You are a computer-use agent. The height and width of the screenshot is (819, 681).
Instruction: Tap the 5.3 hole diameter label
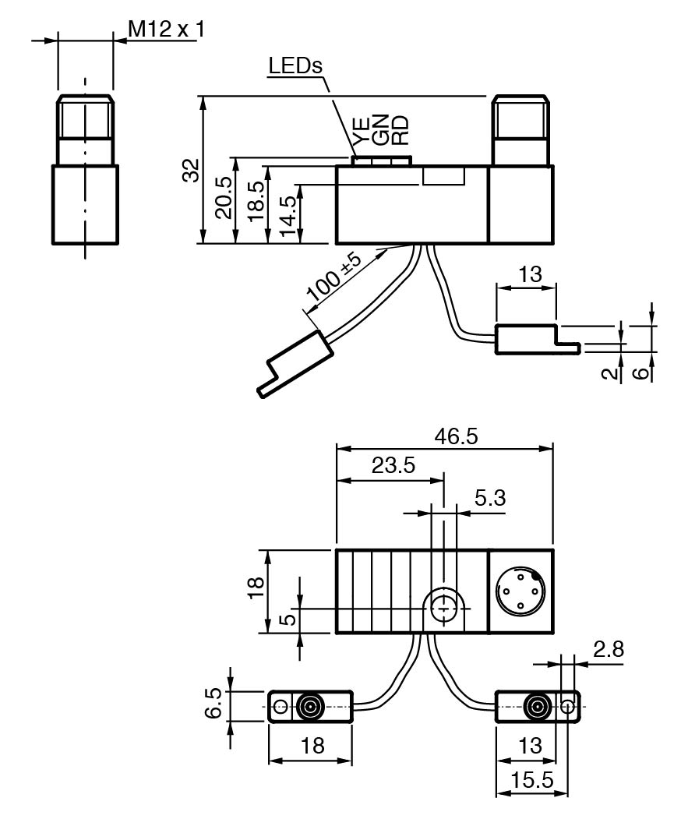[489, 499]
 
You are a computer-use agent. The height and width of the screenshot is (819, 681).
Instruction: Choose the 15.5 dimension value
[533, 780]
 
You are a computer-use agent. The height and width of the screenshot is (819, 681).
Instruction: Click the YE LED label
[360, 130]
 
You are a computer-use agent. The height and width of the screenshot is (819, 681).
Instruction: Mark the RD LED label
[399, 130]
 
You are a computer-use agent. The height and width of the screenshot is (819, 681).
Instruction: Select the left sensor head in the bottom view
[310, 708]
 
